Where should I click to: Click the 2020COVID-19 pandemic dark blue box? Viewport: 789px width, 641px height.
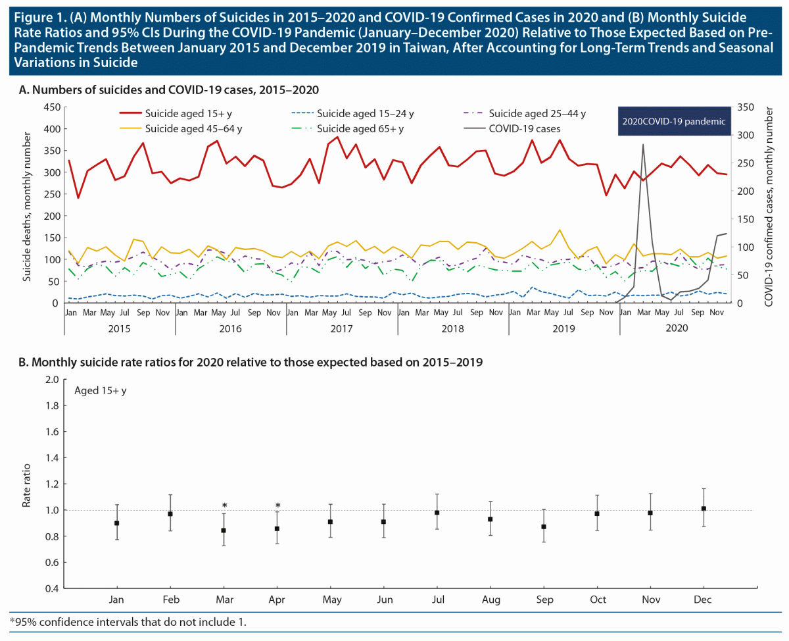(676, 121)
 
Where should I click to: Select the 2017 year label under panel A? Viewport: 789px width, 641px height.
(342, 328)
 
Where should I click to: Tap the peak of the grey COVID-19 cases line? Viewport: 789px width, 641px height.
(642, 144)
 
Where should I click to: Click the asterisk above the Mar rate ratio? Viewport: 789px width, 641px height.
(224, 507)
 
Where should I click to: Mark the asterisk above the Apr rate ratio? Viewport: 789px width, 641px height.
(277, 507)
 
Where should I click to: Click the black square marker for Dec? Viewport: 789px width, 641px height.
(704, 509)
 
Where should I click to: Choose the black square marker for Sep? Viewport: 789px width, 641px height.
(543, 526)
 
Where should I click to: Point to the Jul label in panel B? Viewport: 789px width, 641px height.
(437, 600)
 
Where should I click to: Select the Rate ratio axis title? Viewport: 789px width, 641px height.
(27, 484)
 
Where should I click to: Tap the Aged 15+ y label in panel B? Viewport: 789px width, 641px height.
(101, 391)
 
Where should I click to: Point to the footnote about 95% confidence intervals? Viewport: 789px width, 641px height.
(128, 621)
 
